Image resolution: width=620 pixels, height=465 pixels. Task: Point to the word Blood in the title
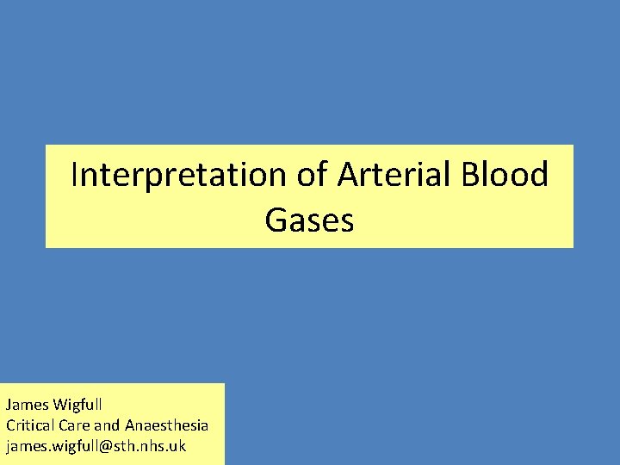click(x=505, y=175)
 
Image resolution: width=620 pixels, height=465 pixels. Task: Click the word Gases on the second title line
click(x=309, y=220)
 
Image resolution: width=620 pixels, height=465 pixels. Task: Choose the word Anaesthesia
click(x=166, y=425)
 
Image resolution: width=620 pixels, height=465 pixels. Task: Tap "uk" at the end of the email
click(x=177, y=446)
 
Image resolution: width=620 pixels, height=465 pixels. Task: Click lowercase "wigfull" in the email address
click(x=69, y=446)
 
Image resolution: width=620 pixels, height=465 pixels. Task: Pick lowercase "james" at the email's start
click(x=23, y=446)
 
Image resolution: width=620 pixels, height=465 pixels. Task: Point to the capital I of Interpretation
click(x=76, y=175)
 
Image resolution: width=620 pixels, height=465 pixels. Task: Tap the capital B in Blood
click(x=470, y=175)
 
